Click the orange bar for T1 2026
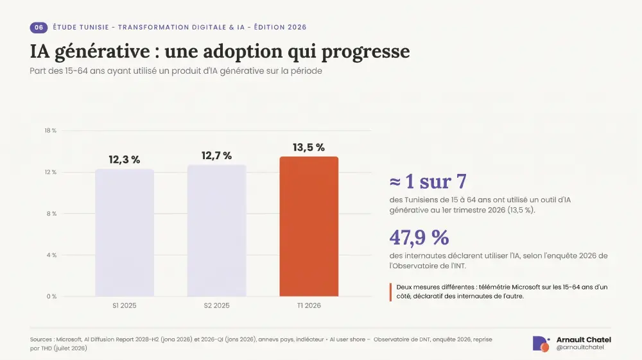pyautogui.click(x=309, y=227)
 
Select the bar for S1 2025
pyautogui.click(x=125, y=232)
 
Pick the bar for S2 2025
pyautogui.click(x=216, y=230)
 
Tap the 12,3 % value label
pyautogui.click(x=125, y=160)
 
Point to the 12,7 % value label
pyautogui.click(x=216, y=155)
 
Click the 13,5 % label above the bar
pyautogui.click(x=309, y=148)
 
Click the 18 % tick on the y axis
pyautogui.click(x=50, y=130)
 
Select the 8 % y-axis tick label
pyautogui.click(x=51, y=214)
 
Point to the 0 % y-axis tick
pyautogui.click(x=51, y=296)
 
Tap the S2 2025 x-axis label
pyautogui.click(x=216, y=305)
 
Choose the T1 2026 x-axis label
pyautogui.click(x=309, y=305)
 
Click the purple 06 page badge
pyautogui.click(x=39, y=28)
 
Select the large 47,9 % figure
pyautogui.click(x=419, y=237)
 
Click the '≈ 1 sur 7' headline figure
pyautogui.click(x=428, y=181)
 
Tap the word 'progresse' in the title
pyautogui.click(x=366, y=52)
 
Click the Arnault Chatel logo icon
pyautogui.click(x=541, y=344)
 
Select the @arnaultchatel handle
pyautogui.click(x=580, y=347)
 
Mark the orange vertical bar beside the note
pyautogui.click(x=390, y=292)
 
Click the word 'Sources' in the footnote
pyautogui.click(x=41, y=339)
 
